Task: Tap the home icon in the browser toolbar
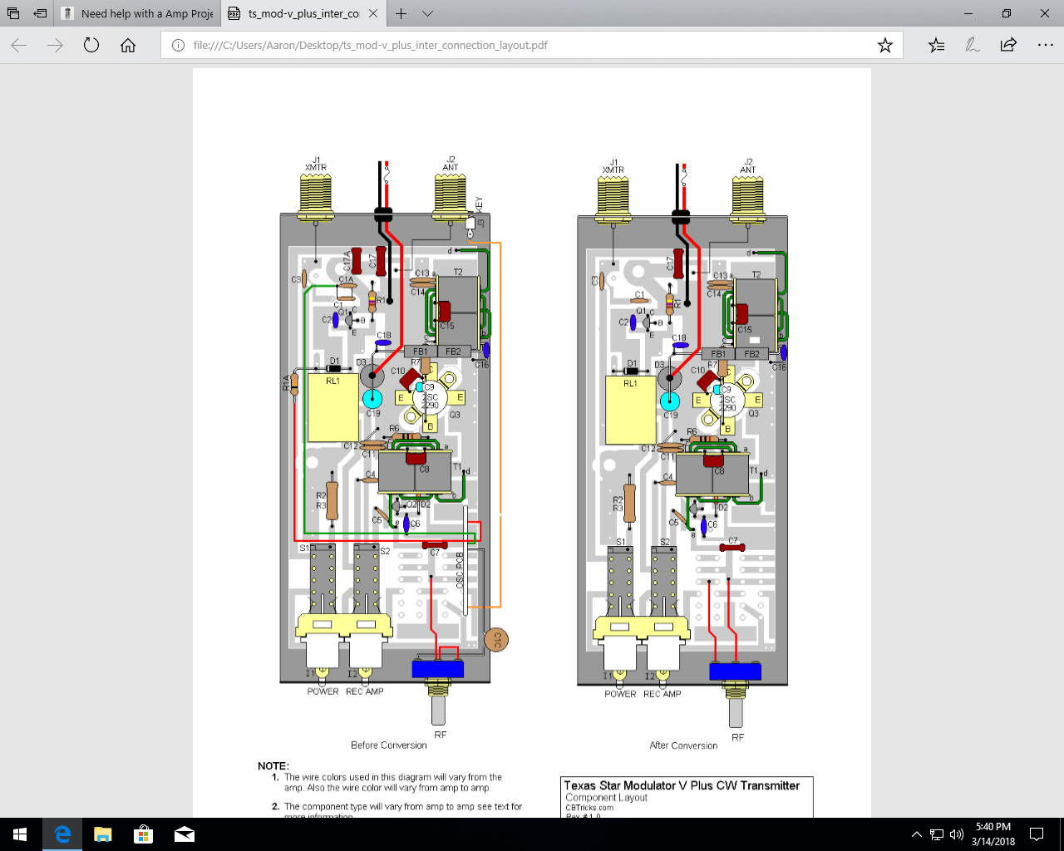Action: pos(128,46)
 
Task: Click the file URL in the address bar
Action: pos(370,46)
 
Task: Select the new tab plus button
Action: pos(401,13)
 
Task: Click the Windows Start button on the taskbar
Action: pos(20,834)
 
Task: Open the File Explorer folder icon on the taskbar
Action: pos(102,834)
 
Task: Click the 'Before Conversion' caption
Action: pos(388,745)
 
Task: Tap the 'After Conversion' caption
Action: pos(683,745)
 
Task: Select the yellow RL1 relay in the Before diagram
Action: pos(332,407)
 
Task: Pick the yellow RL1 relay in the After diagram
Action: pos(630,410)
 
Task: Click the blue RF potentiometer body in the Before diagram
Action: pos(438,668)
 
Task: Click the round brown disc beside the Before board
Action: pos(496,639)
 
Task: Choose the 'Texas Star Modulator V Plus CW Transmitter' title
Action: pos(682,785)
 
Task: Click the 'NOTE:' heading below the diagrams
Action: pos(273,765)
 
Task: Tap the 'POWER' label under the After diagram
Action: pos(620,694)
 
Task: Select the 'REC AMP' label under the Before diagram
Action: pos(364,691)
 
